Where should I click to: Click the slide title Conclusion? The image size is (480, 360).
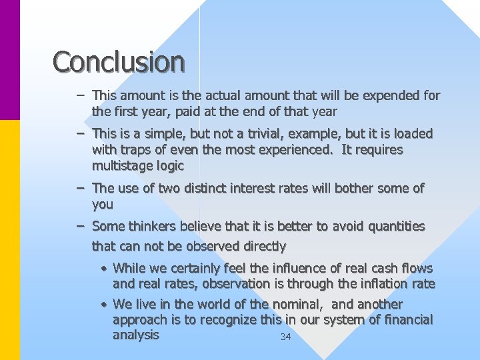(119, 62)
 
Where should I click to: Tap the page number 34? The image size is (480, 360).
(285, 337)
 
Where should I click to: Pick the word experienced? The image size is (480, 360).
(296, 150)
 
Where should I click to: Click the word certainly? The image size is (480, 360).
(171, 268)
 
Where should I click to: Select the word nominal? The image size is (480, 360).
(297, 305)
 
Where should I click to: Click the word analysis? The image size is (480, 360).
(136, 335)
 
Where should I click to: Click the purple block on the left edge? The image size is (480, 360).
(10, 60)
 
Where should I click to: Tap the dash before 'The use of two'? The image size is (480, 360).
(79, 189)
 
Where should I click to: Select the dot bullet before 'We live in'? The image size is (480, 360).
(105, 305)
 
